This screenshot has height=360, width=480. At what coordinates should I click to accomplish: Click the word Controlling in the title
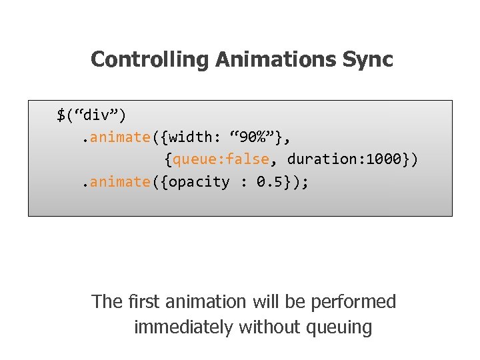[x=150, y=60]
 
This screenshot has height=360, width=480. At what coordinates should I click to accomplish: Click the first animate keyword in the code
[x=120, y=137]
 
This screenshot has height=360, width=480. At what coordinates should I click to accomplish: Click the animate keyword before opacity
[x=120, y=182]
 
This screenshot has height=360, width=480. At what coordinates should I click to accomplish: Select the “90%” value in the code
[x=253, y=137]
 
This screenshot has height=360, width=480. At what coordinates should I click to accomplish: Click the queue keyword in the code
[x=193, y=159]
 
